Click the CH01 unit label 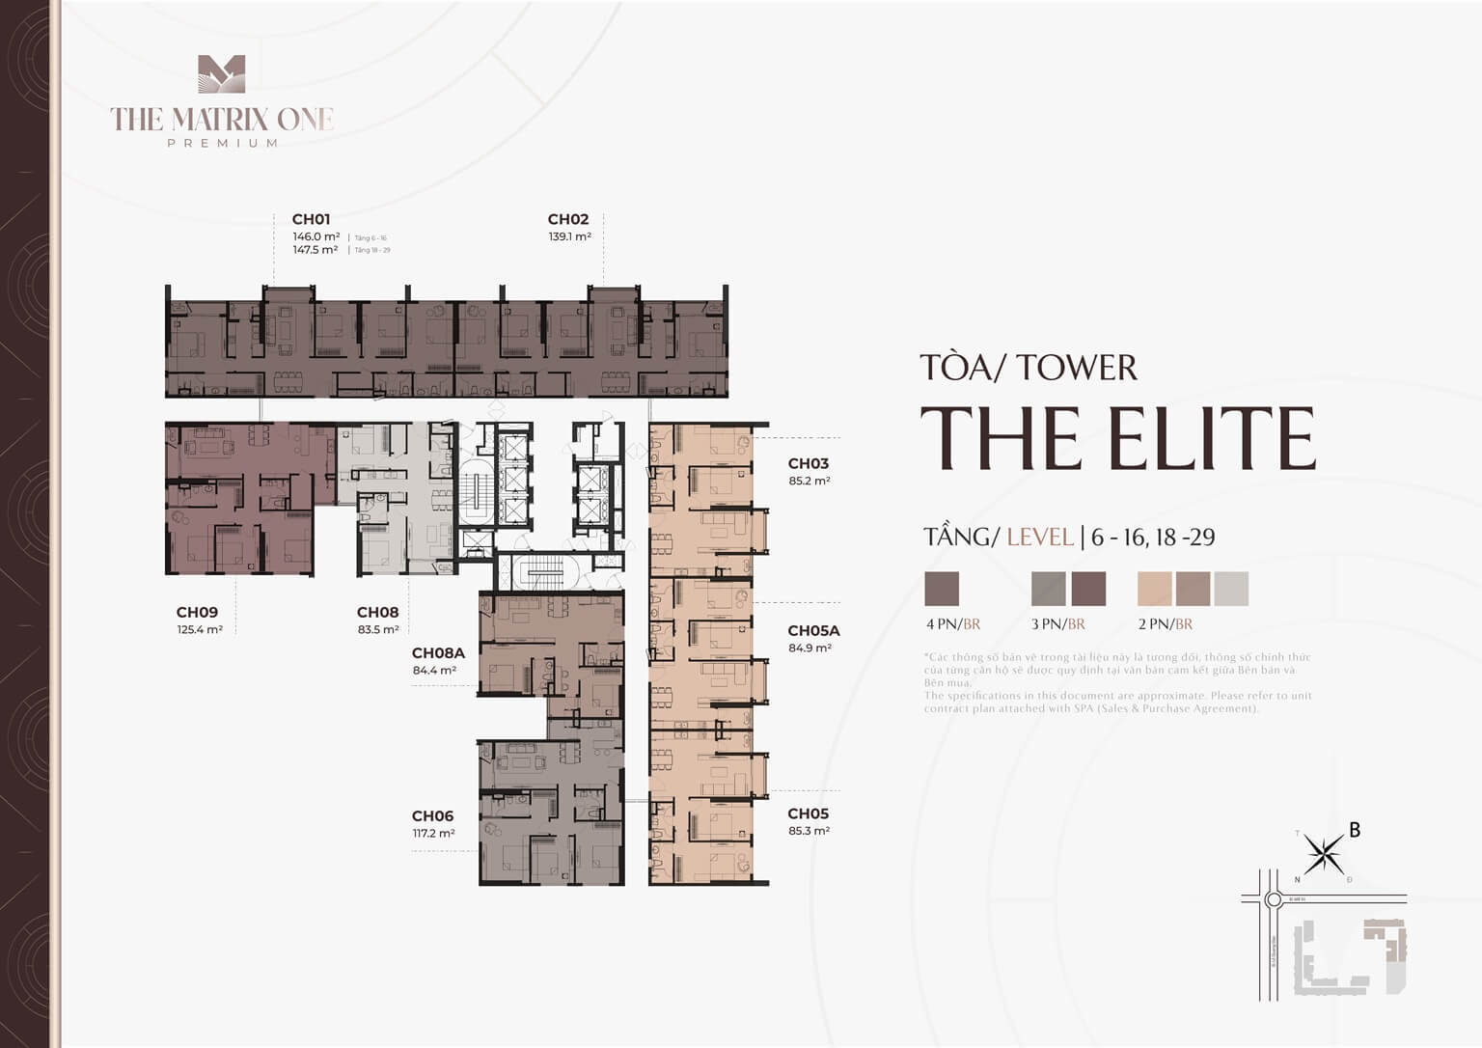(311, 219)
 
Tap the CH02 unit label (567, 219)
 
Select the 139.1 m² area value (569, 236)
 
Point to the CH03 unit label (808, 463)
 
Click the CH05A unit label (813, 630)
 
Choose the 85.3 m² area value (809, 831)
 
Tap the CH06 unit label (432, 815)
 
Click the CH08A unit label (438, 652)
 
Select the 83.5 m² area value (378, 629)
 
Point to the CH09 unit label (197, 612)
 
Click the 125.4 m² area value (200, 629)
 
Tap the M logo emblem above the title (222, 75)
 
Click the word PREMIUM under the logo (223, 143)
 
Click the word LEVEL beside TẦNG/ (1039, 537)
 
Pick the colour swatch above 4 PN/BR (942, 589)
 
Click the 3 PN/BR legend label (1058, 624)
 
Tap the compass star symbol (1324, 853)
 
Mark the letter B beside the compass (1355, 830)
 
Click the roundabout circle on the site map (1273, 899)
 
